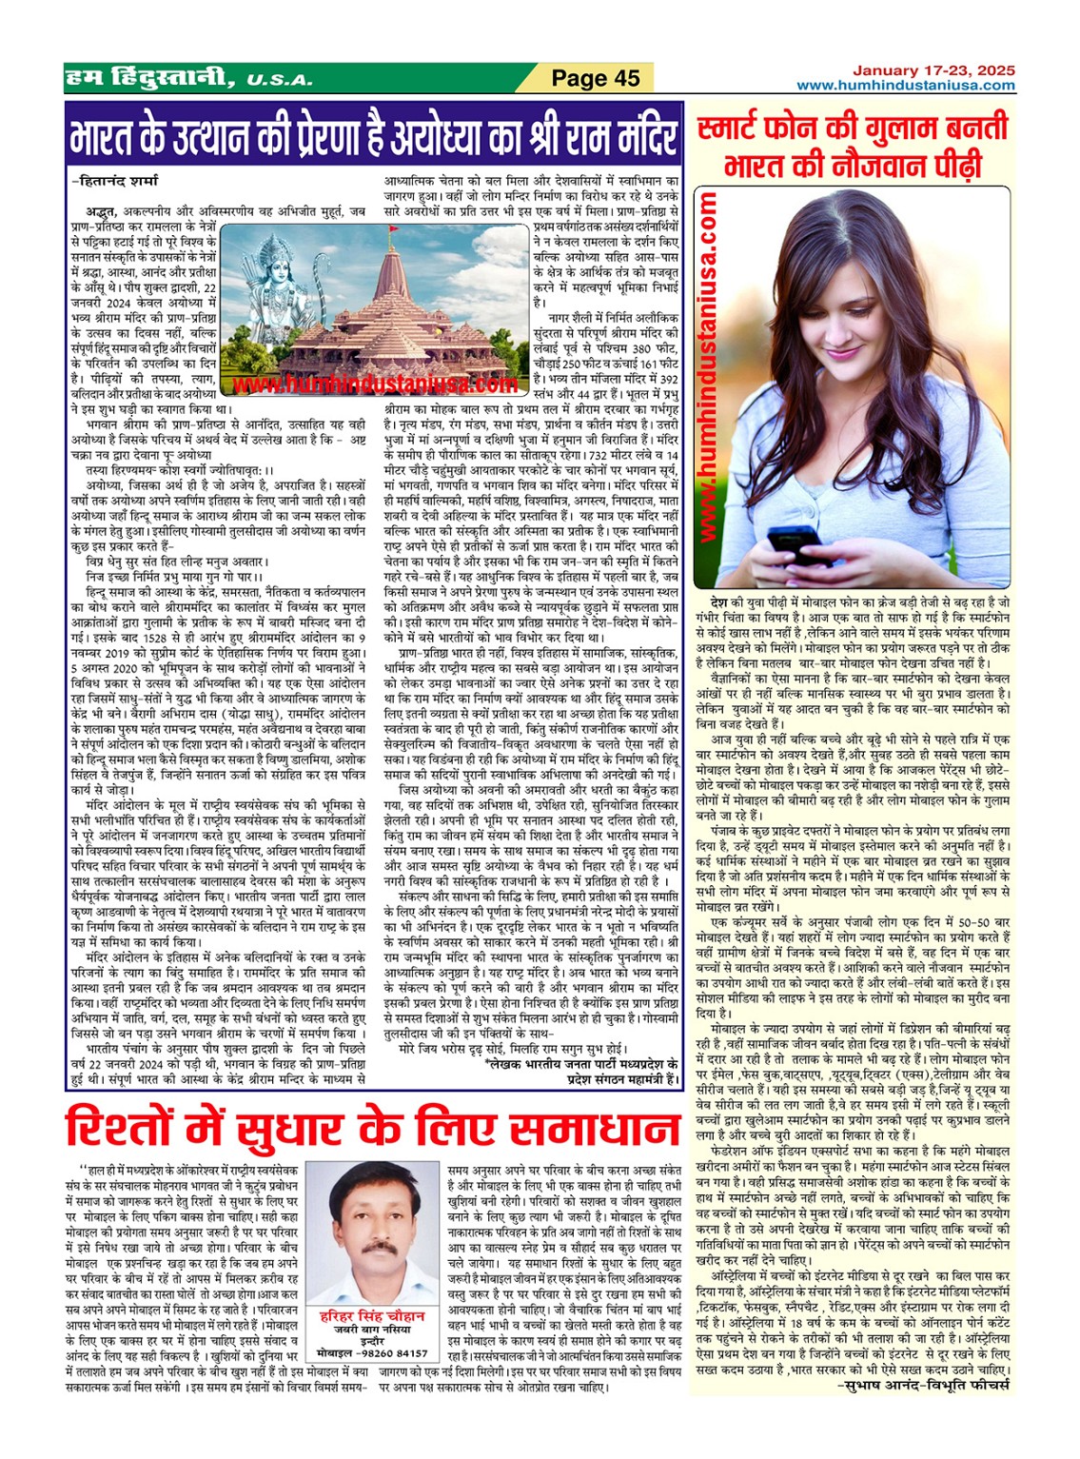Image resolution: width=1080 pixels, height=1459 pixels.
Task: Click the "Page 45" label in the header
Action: tap(596, 78)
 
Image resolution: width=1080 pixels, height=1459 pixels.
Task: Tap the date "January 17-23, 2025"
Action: tap(933, 70)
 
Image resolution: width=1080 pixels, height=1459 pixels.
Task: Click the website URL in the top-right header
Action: tap(905, 86)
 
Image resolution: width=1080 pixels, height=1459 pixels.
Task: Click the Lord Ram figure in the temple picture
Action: tap(268, 286)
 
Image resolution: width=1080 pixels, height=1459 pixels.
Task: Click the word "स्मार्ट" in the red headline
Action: tap(742, 128)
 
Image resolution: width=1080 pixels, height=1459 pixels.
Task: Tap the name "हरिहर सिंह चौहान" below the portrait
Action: tap(372, 1316)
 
